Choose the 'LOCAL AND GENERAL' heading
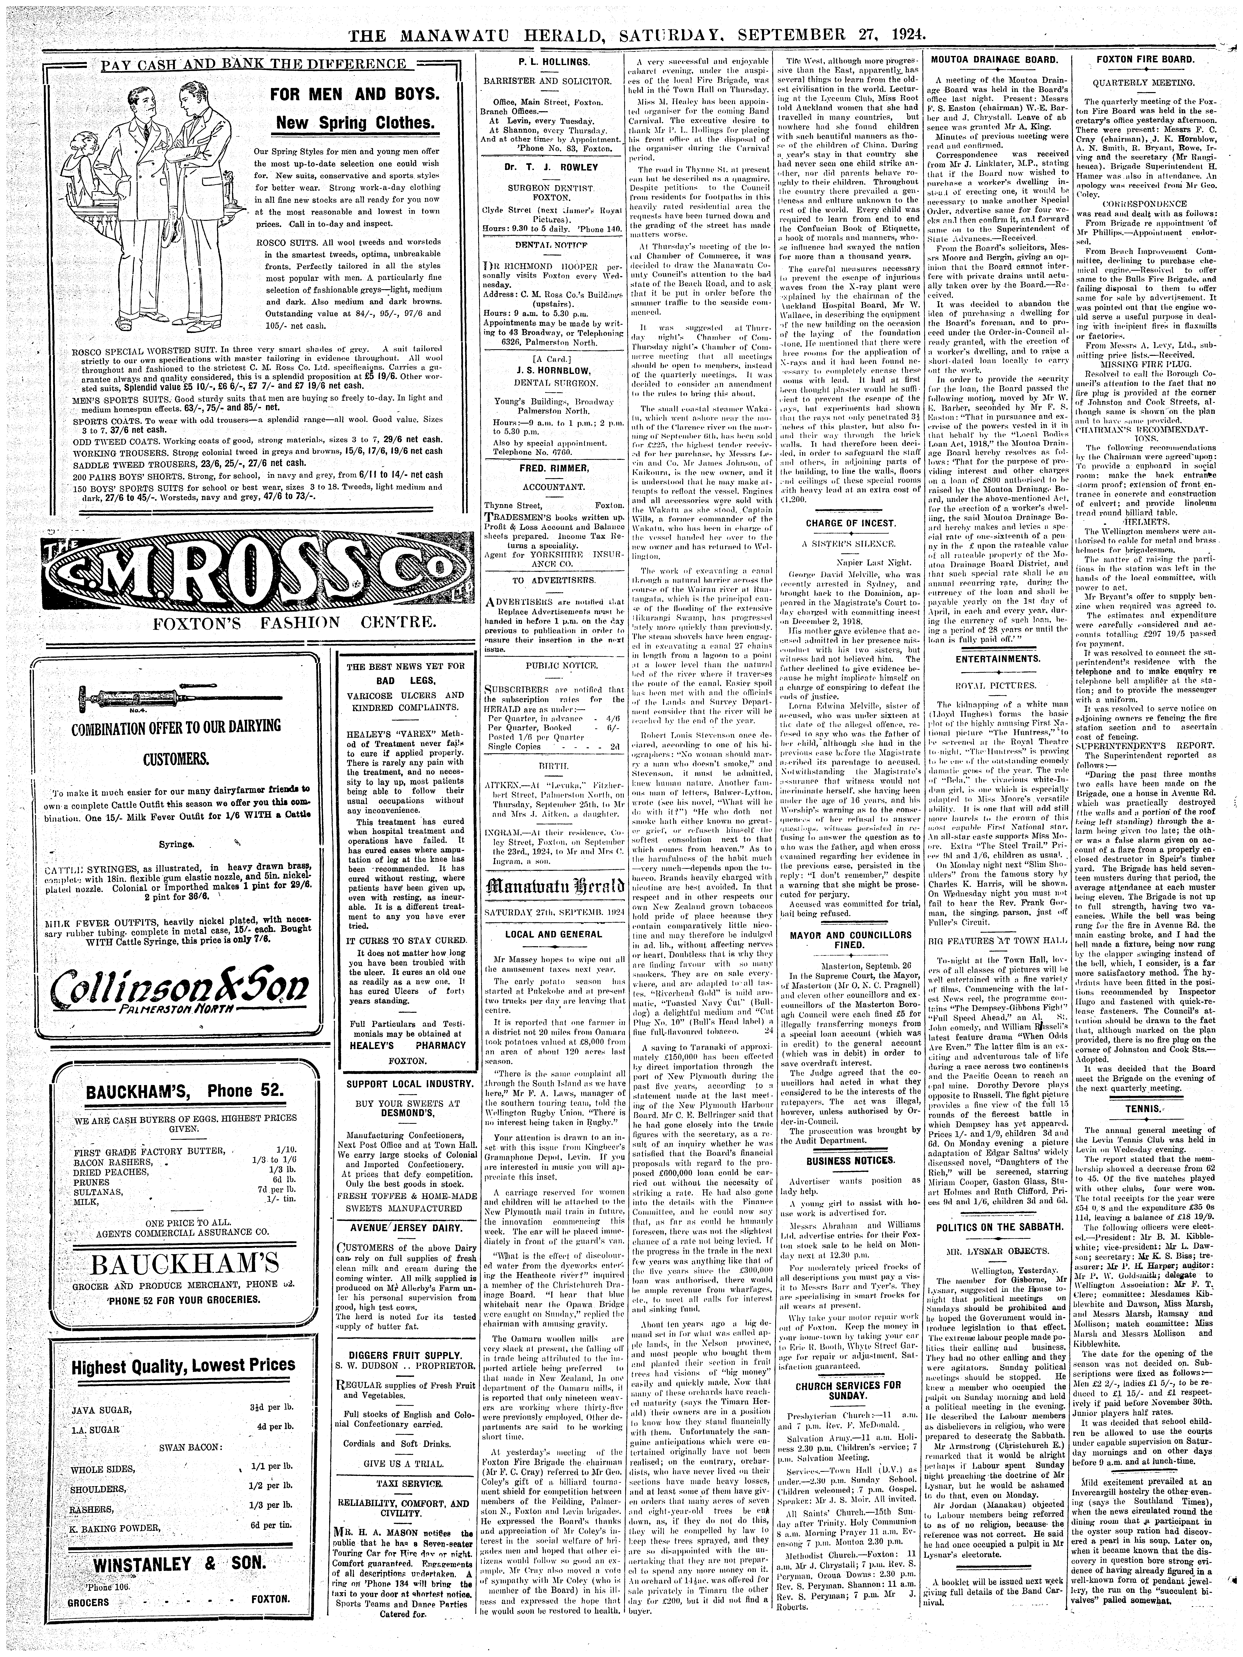pyautogui.click(x=553, y=934)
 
